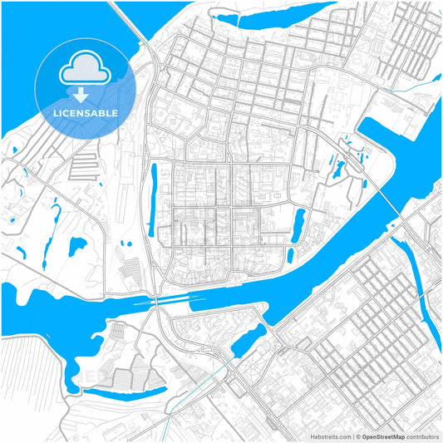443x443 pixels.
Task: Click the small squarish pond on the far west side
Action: click(x=76, y=246)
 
